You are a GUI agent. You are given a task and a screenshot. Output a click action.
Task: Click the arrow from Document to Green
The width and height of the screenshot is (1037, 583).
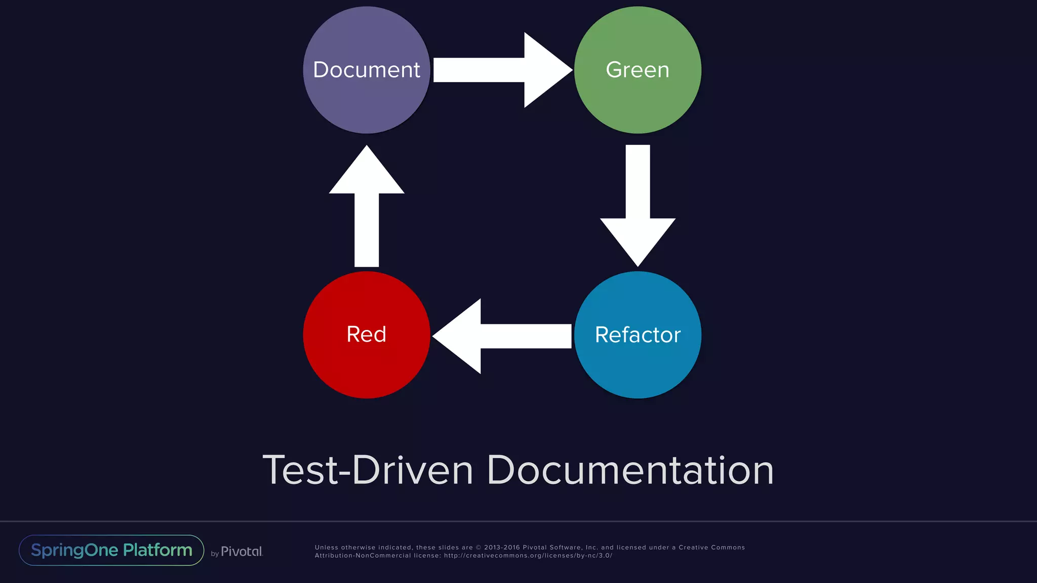coord(501,70)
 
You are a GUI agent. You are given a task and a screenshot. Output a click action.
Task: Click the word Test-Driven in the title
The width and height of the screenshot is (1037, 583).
coord(368,470)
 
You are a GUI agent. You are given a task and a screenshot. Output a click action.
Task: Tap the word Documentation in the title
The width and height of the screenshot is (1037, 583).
coord(630,470)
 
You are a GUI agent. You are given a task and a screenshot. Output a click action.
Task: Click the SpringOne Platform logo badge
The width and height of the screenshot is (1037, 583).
coord(111,550)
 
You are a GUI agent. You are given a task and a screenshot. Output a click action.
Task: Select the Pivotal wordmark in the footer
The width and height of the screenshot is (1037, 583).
coord(242,552)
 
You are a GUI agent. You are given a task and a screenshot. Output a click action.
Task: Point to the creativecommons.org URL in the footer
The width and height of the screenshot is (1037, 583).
coord(528,556)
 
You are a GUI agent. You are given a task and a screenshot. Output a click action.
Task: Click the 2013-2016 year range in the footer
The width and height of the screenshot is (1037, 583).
coord(502,548)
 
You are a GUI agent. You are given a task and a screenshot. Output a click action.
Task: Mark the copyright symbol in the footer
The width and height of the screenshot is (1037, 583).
coord(478,548)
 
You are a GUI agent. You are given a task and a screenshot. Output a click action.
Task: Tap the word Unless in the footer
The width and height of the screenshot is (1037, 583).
coord(326,548)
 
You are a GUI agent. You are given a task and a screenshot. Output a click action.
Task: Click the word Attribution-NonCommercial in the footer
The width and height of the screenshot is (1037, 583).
coord(363,556)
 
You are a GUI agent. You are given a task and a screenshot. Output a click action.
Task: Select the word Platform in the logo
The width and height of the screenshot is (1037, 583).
coord(157,550)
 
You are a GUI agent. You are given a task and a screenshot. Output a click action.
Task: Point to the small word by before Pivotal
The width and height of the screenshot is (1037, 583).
coord(215,554)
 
